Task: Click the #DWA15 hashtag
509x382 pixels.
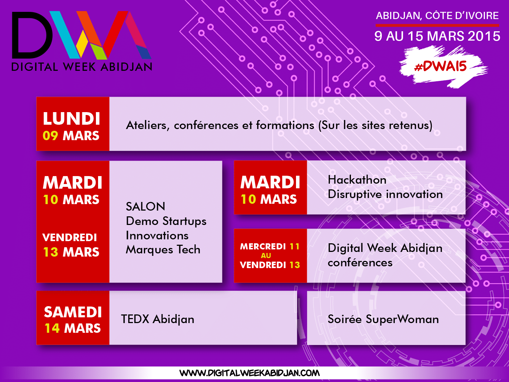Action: pyautogui.click(x=440, y=66)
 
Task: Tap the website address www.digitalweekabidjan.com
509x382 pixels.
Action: pyautogui.click(x=249, y=373)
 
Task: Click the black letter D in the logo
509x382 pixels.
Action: pyautogui.click(x=32, y=35)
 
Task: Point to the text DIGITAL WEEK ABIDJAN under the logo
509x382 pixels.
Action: pyautogui.click(x=82, y=67)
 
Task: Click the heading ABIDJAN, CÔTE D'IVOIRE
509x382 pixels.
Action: pyautogui.click(x=437, y=15)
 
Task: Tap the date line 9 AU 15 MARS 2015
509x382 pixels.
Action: pyautogui.click(x=438, y=36)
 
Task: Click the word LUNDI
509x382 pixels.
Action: pyautogui.click(x=71, y=119)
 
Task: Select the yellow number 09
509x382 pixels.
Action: pyautogui.click(x=50, y=136)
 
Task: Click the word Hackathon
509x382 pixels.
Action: pyautogui.click(x=357, y=180)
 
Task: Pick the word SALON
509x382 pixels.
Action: pyautogui.click(x=145, y=206)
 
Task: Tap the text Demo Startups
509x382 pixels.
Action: pyautogui.click(x=166, y=221)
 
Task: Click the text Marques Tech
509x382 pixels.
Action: pyautogui.click(x=163, y=250)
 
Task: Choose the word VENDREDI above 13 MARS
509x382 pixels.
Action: pyautogui.click(x=70, y=238)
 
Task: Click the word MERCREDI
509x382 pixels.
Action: pyautogui.click(x=263, y=247)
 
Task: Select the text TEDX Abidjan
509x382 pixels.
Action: pyautogui.click(x=158, y=319)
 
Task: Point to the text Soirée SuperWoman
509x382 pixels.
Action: pyautogui.click(x=383, y=319)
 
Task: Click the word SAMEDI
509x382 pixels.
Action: pyautogui.click(x=73, y=312)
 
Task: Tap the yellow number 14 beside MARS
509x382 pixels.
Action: pyautogui.click(x=52, y=328)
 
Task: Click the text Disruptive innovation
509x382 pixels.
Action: pyautogui.click(x=385, y=194)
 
